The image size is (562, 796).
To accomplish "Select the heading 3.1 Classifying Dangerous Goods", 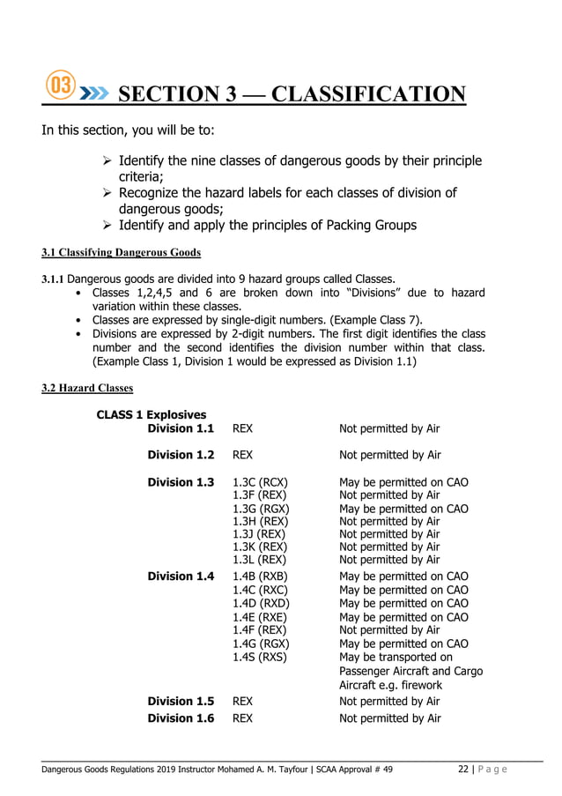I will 122,253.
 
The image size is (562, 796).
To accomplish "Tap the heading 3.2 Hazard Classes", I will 87,388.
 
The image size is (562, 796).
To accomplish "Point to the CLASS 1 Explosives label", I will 152,414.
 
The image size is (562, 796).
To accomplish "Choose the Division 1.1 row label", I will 181,428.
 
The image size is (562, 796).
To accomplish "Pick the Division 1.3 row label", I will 181,482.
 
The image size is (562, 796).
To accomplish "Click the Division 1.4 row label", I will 181,577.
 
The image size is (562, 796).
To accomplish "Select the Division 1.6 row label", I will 181,718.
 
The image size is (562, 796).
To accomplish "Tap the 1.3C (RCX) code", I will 260,482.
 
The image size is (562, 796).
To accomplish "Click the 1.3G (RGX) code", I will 260,509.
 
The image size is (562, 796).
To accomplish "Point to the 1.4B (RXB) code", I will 260,577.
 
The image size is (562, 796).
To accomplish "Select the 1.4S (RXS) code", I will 259,657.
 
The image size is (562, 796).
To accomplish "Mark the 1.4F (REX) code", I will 258,629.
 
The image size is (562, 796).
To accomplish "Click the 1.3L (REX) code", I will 257,560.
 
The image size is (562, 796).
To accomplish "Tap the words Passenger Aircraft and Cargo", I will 410,671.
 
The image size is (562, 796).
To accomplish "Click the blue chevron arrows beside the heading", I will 94,92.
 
